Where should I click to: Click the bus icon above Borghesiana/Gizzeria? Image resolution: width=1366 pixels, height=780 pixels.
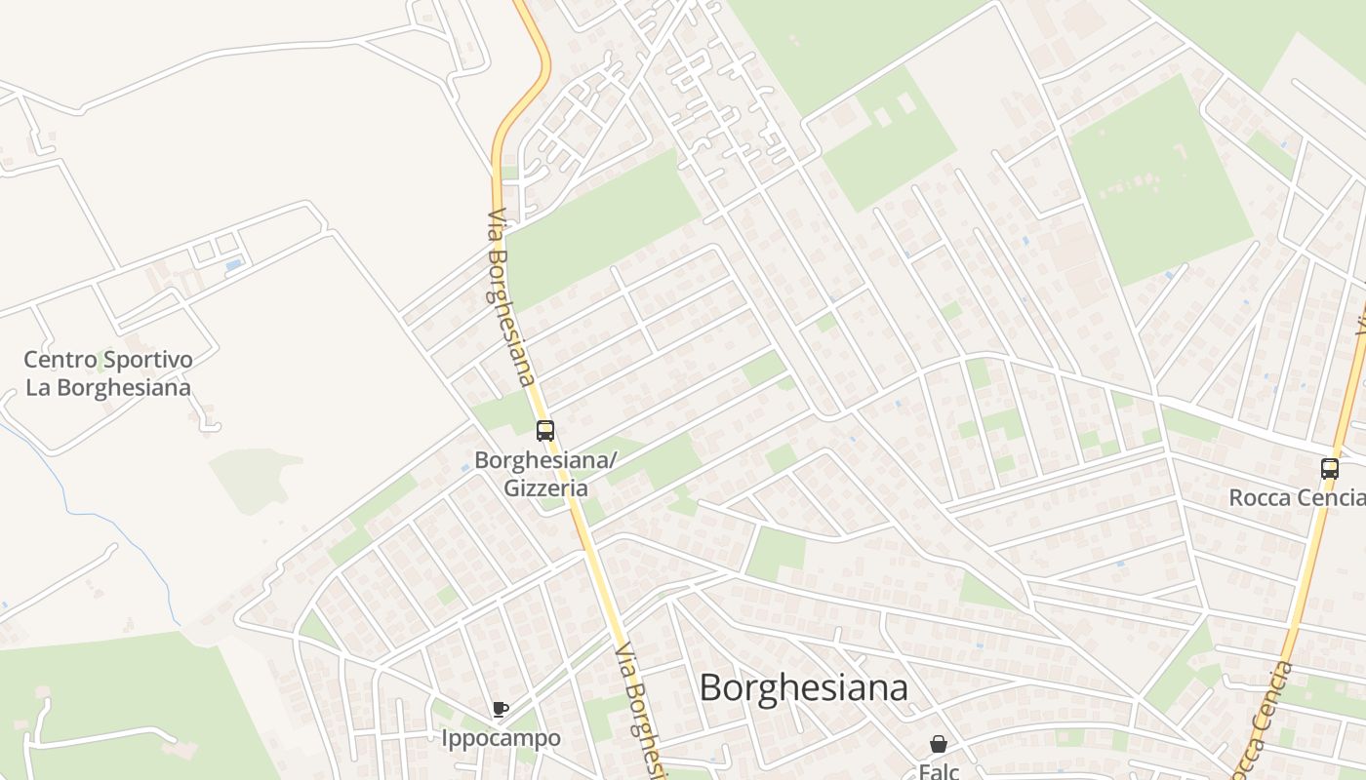point(544,430)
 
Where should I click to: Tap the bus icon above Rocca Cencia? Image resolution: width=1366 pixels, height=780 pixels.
point(1329,468)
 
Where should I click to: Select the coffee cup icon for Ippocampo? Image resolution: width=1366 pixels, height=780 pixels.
point(501,709)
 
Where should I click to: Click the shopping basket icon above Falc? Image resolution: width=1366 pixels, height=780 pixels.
point(939,744)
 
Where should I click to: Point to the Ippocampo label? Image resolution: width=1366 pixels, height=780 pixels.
point(501,738)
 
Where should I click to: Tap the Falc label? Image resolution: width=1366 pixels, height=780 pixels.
point(940,770)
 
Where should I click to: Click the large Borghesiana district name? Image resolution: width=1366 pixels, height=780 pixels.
point(803,687)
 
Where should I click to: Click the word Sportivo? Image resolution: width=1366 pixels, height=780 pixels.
point(150,360)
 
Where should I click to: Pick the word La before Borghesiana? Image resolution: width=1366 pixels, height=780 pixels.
point(37,387)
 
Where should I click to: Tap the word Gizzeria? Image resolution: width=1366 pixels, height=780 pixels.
point(545,487)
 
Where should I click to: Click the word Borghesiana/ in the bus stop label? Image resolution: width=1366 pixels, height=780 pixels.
point(545,460)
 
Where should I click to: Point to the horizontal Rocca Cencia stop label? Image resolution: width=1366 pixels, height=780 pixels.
point(1296,497)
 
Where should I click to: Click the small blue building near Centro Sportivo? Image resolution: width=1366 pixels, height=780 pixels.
point(233,264)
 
